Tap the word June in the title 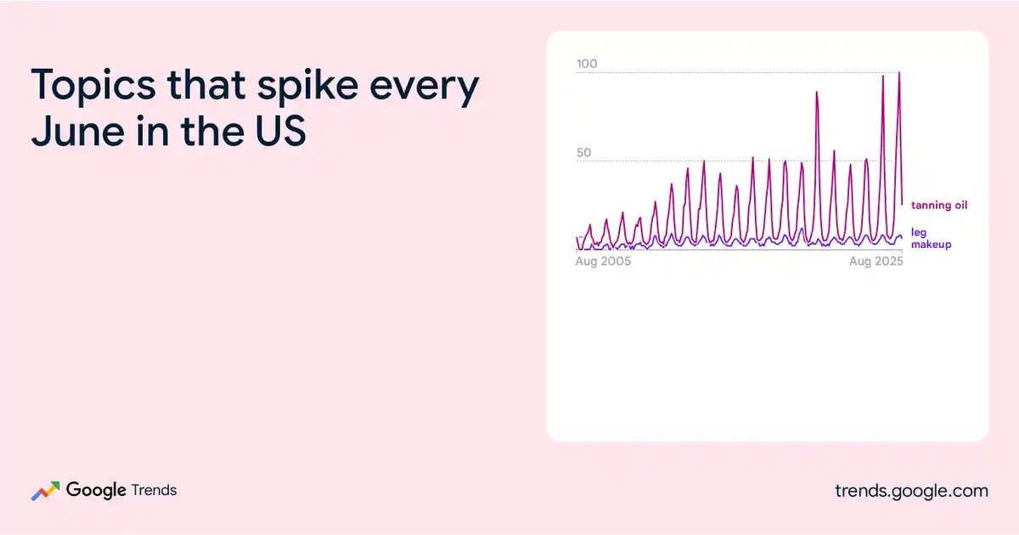click(x=78, y=131)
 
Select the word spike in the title click(x=308, y=87)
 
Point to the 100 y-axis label click(x=587, y=64)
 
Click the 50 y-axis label click(x=583, y=152)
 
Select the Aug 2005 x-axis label click(x=603, y=262)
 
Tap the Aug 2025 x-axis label click(x=875, y=262)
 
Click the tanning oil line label click(x=939, y=206)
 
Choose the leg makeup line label click(x=931, y=239)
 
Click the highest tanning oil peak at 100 click(x=899, y=73)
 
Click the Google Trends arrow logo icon click(x=46, y=491)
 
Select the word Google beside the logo click(x=96, y=490)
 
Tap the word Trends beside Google click(x=154, y=490)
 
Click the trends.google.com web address click(x=912, y=491)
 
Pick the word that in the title click(x=206, y=85)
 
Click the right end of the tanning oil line click(x=902, y=205)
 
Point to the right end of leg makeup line click(x=902, y=238)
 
